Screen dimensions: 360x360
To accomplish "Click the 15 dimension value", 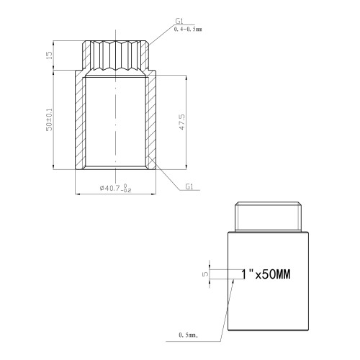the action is pyautogui.click(x=49, y=55).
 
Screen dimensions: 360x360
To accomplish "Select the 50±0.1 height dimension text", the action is pyautogui.click(x=49, y=120).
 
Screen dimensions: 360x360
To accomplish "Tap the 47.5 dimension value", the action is pyautogui.click(x=182, y=122).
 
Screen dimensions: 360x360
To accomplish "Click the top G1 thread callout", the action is pyautogui.click(x=179, y=21).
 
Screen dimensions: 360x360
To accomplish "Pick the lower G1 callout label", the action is pyautogui.click(x=189, y=186).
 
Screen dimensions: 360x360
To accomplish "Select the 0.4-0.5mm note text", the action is pyautogui.click(x=188, y=30).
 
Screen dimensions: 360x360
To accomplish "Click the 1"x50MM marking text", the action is pyautogui.click(x=266, y=274).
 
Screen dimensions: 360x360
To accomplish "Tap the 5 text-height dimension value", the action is pyautogui.click(x=206, y=274).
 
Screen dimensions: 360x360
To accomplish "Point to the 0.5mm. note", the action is pyautogui.click(x=189, y=335).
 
